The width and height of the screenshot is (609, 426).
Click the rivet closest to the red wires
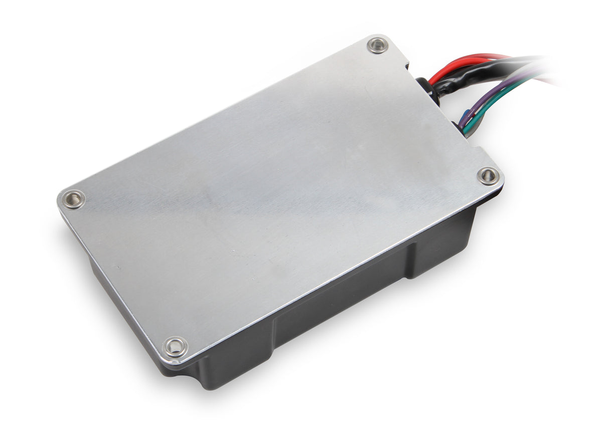(x=378, y=46)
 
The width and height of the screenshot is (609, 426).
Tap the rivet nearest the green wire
(x=488, y=175)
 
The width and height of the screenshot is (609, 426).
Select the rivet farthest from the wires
(x=73, y=199)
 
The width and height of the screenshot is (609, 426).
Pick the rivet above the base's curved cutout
(x=176, y=346)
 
